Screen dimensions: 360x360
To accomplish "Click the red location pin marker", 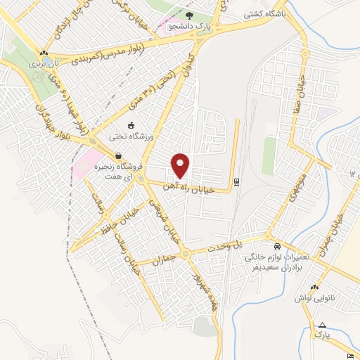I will (x=181, y=165).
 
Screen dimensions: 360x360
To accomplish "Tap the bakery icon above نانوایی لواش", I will (x=314, y=288).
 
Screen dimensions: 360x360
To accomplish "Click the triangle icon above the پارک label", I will (x=322, y=326).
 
